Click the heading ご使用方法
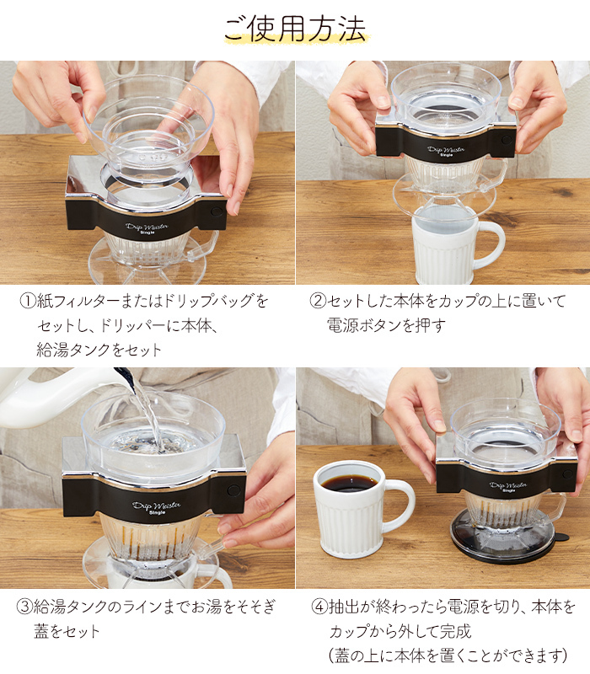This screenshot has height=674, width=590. [x=294, y=29]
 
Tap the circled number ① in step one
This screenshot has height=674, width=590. [x=28, y=301]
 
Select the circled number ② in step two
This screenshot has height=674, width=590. [x=319, y=301]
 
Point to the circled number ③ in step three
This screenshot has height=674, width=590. [x=24, y=607]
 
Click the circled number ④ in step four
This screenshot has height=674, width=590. [x=319, y=607]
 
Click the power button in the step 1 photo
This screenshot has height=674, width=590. [x=217, y=212]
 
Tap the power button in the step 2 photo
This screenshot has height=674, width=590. [x=507, y=140]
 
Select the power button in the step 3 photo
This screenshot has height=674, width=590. [x=233, y=490]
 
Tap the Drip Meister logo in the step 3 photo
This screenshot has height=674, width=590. [x=156, y=507]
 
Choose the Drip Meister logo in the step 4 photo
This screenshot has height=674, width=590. [x=509, y=486]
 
